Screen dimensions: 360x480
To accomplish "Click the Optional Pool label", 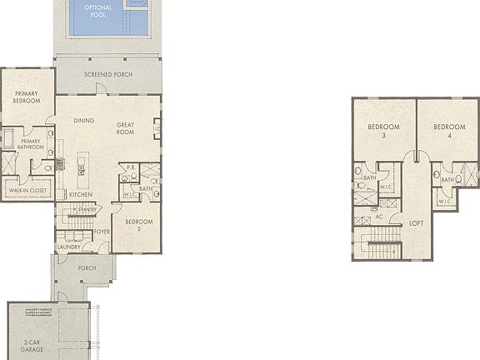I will [97, 11].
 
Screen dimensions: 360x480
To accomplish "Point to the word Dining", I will [84, 120].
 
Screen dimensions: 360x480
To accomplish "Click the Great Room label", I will [125, 127].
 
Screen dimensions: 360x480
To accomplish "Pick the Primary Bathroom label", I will [30, 144].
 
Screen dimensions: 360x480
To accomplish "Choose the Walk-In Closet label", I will [28, 191].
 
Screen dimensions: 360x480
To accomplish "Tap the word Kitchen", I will [81, 194].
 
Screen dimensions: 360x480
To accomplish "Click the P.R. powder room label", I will [131, 167].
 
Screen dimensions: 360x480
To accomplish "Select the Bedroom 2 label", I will [139, 224].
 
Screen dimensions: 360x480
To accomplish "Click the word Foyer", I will [102, 231].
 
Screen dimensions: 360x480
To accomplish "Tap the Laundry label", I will [68, 247].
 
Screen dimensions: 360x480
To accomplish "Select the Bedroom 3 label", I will [383, 130].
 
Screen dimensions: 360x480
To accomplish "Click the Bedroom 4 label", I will [448, 130].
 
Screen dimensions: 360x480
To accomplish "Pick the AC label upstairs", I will [378, 217].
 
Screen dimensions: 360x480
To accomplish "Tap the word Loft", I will [416, 222].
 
